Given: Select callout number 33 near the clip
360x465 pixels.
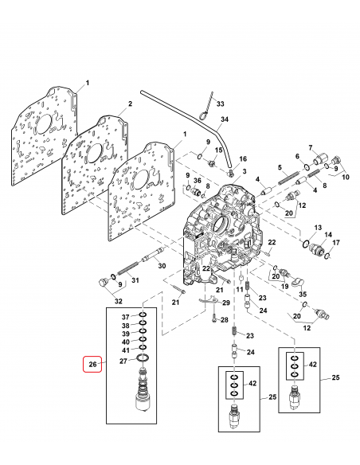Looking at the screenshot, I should (221, 105).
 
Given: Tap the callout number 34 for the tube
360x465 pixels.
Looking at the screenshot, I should (225, 120).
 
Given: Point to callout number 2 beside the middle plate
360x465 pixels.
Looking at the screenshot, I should (130, 104).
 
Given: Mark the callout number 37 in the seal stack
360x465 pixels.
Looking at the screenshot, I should (125, 317).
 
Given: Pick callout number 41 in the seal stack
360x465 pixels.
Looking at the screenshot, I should (125, 350).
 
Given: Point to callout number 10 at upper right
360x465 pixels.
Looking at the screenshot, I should (346, 178).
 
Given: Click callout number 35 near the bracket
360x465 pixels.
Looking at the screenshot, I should (303, 293).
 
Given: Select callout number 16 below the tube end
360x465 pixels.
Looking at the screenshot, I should (244, 159).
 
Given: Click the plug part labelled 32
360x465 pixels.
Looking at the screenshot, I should (100, 283).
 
